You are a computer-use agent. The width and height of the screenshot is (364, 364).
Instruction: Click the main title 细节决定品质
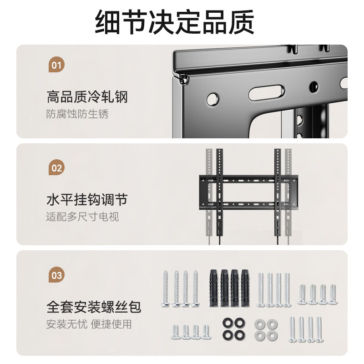tap(175, 21)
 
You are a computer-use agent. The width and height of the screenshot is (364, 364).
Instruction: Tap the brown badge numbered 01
tap(56, 65)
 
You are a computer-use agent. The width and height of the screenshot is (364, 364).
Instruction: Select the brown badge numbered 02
tap(56, 168)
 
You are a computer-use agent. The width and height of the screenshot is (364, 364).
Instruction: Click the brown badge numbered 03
tap(56, 275)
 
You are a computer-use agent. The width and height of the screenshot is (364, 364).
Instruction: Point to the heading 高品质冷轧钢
tap(87, 97)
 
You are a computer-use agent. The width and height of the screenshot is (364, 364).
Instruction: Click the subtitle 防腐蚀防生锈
tap(77, 114)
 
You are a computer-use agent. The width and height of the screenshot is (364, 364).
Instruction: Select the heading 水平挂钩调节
tap(87, 200)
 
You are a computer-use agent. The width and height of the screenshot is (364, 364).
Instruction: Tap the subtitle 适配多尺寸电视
tap(82, 217)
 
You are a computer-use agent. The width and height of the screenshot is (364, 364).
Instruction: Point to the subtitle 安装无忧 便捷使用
tap(89, 324)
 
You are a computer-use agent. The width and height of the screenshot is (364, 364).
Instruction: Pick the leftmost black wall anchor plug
tap(213, 287)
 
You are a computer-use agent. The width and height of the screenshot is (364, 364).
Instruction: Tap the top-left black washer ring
tap(227, 324)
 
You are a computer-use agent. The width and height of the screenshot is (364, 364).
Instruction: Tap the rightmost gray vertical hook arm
tap(288, 191)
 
